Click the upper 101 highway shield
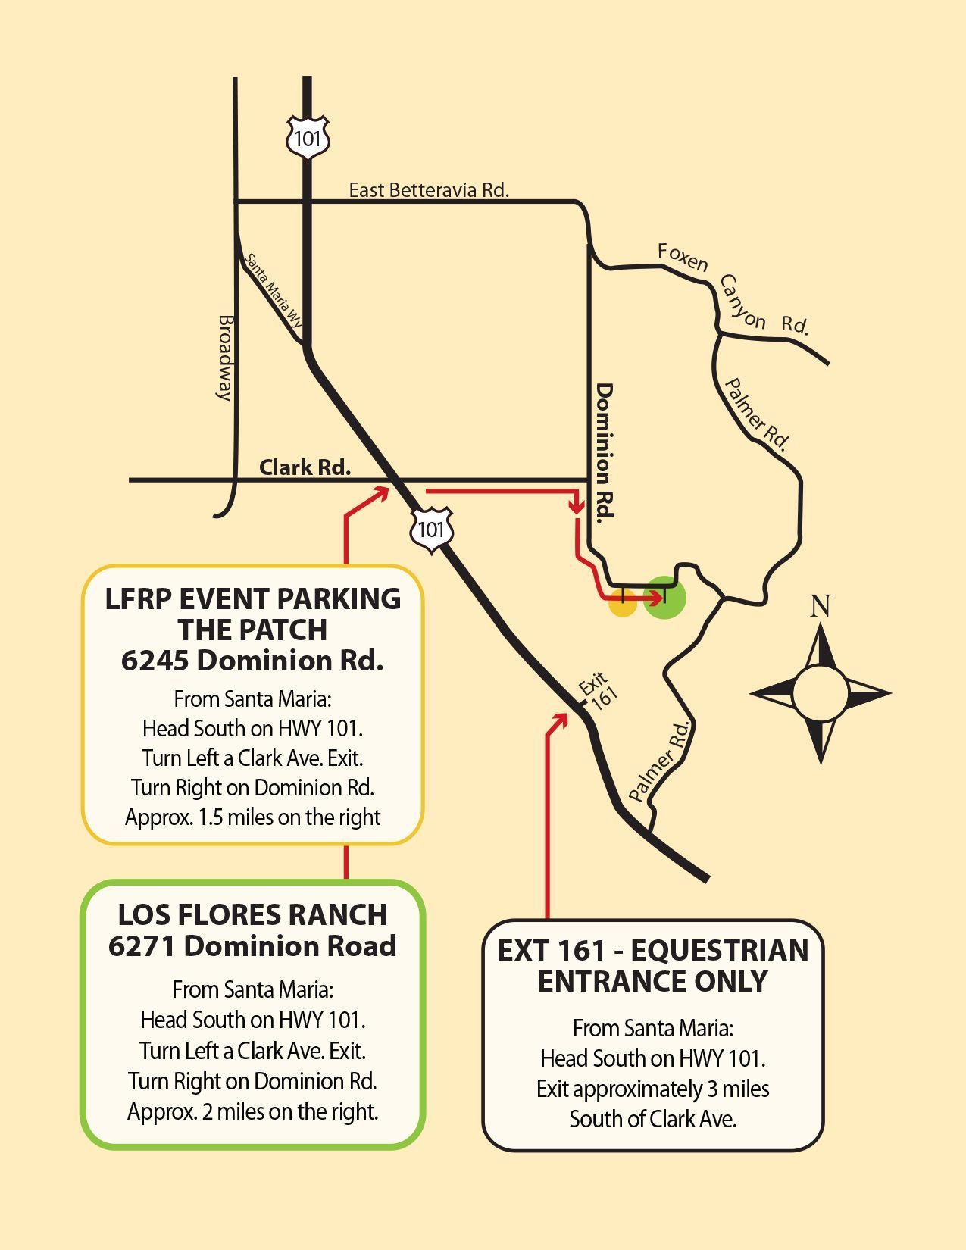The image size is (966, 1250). tap(308, 138)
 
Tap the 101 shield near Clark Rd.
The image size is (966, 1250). tap(431, 530)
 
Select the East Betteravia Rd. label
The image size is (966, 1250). tap(429, 189)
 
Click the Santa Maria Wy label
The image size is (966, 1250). tap(273, 290)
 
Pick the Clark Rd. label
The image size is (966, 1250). tap(305, 467)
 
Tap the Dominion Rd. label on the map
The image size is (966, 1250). tap(604, 452)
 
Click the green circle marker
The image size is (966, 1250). tap(664, 597)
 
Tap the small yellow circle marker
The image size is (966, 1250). tap(623, 604)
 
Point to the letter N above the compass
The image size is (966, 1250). tap(820, 606)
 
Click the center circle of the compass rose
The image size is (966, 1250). tap(820, 692)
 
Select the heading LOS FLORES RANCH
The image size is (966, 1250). tap(252, 914)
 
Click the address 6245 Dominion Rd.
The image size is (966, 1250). tap(252, 661)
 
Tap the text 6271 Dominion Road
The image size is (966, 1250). tap(252, 945)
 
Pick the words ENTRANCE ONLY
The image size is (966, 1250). tap(652, 981)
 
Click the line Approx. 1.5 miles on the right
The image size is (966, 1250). tap(252, 817)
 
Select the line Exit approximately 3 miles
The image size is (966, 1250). tap(652, 1089)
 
